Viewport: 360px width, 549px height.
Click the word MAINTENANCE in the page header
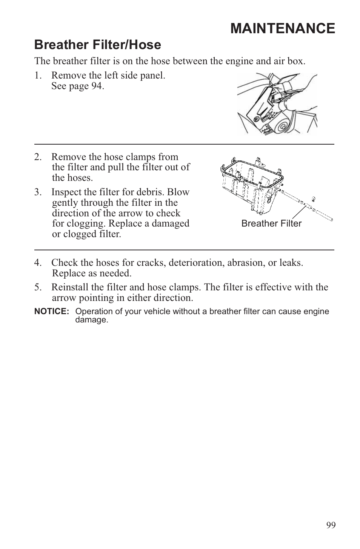tap(282, 29)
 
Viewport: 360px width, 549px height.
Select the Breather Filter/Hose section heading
tap(97, 45)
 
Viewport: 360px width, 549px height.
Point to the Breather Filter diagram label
tap(271, 224)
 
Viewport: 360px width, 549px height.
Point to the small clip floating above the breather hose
tap(313, 199)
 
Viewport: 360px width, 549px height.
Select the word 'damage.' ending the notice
tap(92, 320)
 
